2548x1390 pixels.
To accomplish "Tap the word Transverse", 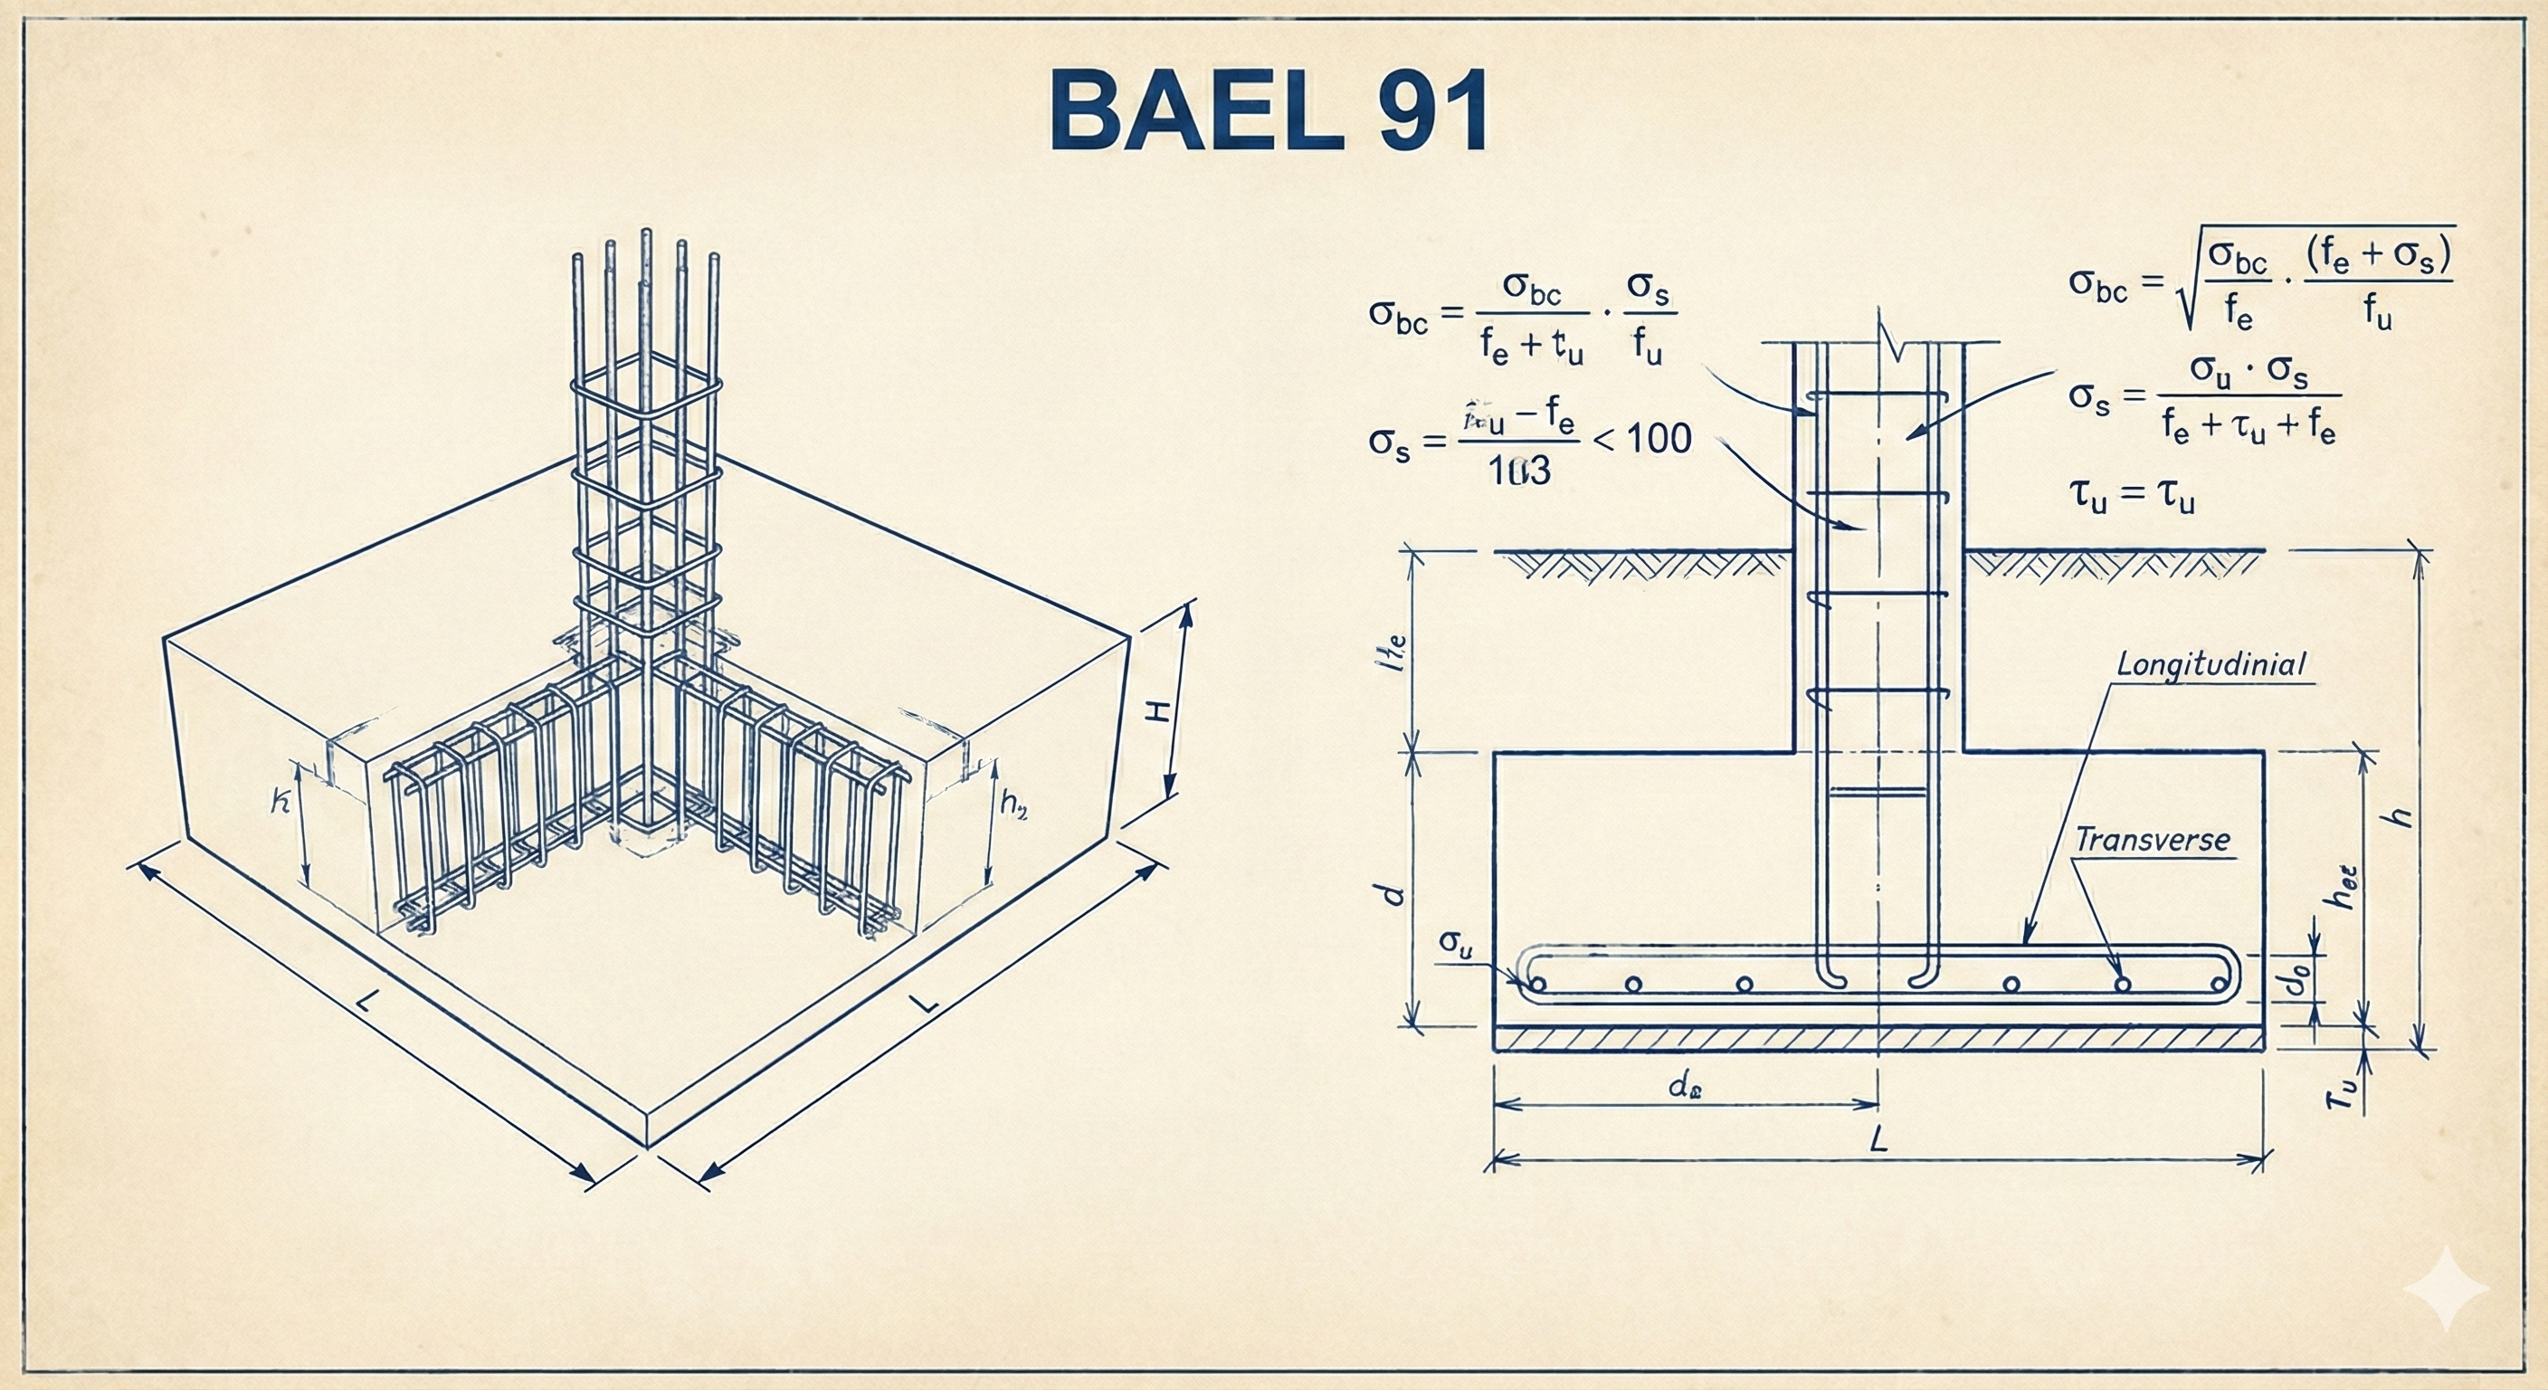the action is click(2152, 840).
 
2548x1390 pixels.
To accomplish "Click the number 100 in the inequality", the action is click(1658, 438).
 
